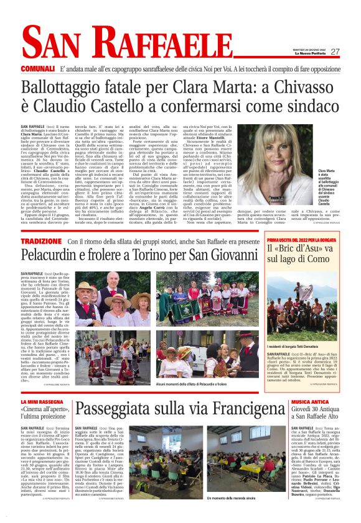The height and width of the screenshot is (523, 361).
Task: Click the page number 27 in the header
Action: [335, 52]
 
